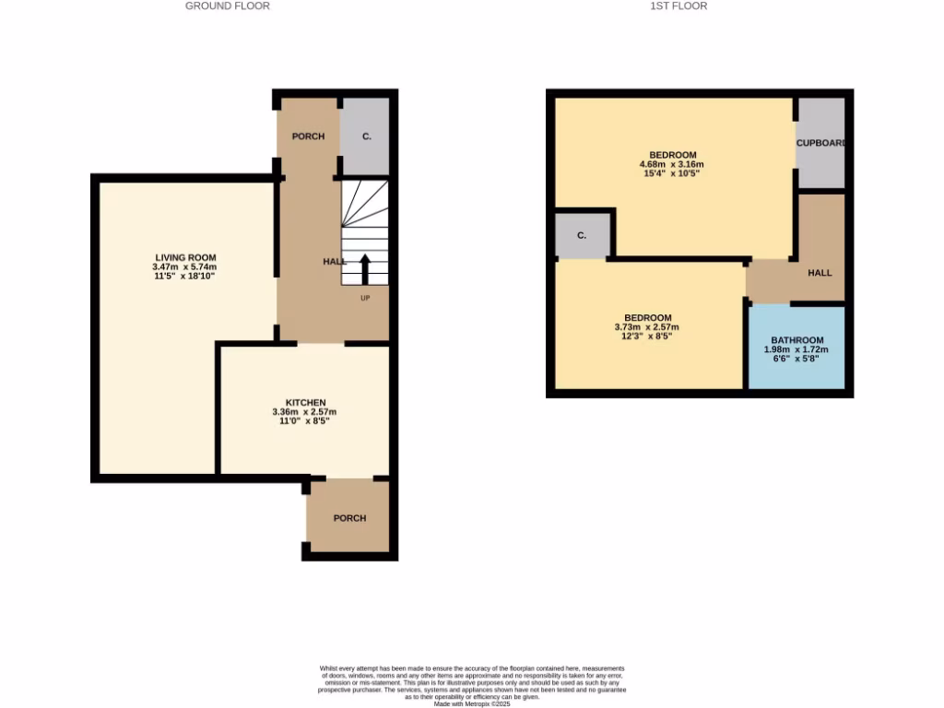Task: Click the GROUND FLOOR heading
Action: (x=228, y=6)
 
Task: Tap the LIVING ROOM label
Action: (x=185, y=257)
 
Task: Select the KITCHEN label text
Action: (x=305, y=403)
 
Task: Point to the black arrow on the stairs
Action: (x=364, y=269)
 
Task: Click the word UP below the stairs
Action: (x=365, y=298)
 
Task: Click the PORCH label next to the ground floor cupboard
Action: (x=308, y=136)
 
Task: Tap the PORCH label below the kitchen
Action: (x=349, y=518)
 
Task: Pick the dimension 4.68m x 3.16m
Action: (x=672, y=164)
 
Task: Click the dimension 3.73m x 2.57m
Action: (x=646, y=327)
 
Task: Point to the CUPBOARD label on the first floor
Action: (x=820, y=144)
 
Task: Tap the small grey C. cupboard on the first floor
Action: (x=582, y=235)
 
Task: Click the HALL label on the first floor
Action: (x=820, y=273)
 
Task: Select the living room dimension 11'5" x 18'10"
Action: (x=185, y=276)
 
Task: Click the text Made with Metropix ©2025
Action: (x=472, y=704)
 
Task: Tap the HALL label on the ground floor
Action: (x=334, y=262)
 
